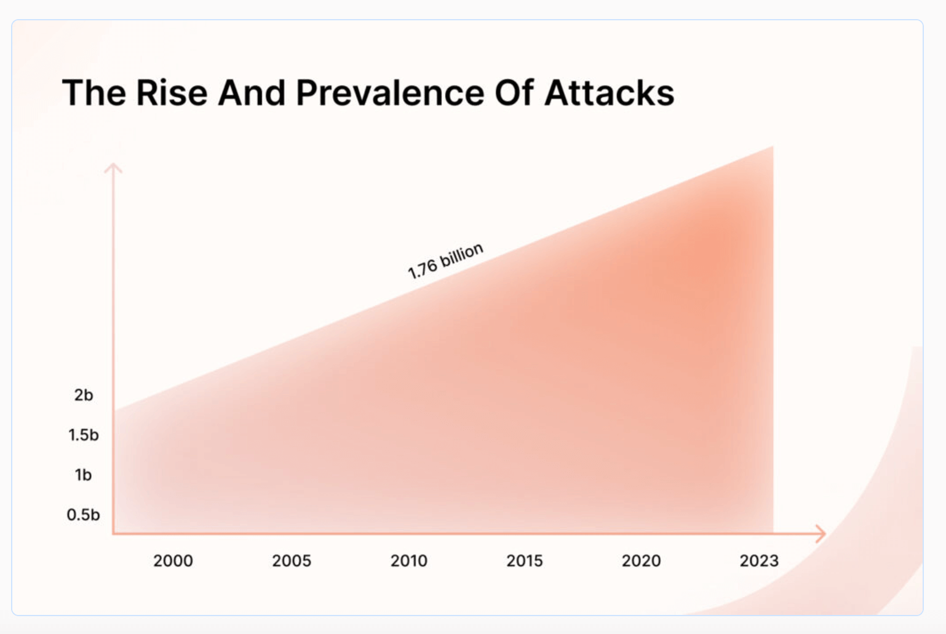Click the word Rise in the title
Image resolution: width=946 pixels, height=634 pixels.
click(172, 93)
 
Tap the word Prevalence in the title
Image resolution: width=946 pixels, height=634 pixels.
click(390, 93)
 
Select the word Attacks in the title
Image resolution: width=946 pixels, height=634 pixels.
click(609, 93)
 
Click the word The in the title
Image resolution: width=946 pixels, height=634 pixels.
click(93, 93)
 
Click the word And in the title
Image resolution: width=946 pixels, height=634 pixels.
click(252, 93)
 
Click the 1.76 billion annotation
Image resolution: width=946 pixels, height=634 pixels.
click(445, 261)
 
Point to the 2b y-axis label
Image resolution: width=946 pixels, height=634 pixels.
click(84, 395)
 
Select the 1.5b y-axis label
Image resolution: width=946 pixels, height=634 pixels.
click(83, 435)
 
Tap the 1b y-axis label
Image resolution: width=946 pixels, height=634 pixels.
click(83, 475)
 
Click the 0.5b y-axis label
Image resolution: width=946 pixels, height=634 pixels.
click(83, 515)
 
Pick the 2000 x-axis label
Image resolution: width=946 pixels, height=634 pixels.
click(173, 561)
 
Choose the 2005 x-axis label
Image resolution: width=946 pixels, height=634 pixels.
click(292, 561)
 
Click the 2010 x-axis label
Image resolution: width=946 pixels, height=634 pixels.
click(409, 561)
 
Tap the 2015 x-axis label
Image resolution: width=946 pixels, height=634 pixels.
click(525, 561)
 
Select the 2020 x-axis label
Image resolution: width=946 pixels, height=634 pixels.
click(641, 561)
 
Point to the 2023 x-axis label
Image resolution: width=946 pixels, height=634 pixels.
click(759, 561)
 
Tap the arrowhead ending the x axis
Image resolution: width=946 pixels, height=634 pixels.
click(821, 534)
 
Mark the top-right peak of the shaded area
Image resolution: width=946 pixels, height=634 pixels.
click(771, 148)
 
